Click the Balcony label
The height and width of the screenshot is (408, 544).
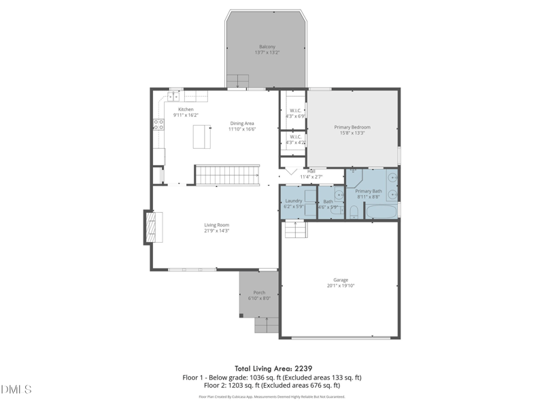pos(267,46)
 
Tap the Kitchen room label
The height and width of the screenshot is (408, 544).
pos(186,109)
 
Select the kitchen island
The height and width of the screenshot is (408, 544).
pos(201,136)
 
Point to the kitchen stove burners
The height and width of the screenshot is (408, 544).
pos(158,124)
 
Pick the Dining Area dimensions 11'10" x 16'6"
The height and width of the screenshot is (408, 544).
pos(241,129)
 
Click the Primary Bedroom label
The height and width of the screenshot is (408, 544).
pos(352,127)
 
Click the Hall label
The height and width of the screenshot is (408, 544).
pos(311,171)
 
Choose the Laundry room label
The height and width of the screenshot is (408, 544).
pos(293,201)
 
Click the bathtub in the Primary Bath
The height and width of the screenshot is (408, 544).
pos(381,211)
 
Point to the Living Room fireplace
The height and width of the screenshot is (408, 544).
pos(152,226)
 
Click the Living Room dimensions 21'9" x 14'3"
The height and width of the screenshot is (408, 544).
pos(217,231)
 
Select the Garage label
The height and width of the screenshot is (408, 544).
pos(341,279)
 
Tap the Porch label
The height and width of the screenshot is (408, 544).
pos(259,292)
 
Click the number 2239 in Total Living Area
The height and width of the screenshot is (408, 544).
pos(302,368)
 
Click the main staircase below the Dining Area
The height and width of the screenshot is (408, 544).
pos(228,175)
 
